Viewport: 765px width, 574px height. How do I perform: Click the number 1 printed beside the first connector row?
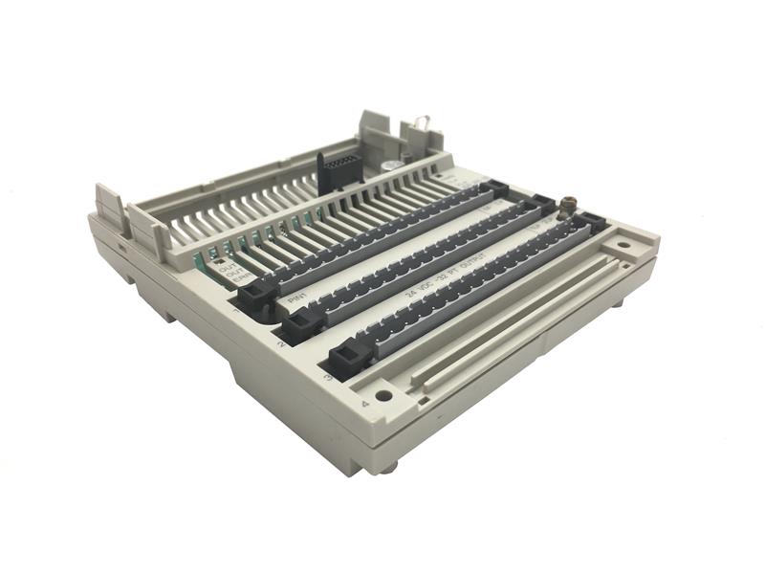click(x=236, y=311)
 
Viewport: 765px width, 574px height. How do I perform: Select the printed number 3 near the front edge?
click(x=328, y=377)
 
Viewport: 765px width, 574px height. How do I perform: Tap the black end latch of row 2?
click(x=298, y=327)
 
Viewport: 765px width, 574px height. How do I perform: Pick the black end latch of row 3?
click(x=345, y=359)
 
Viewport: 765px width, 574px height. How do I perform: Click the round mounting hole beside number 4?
click(x=383, y=394)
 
